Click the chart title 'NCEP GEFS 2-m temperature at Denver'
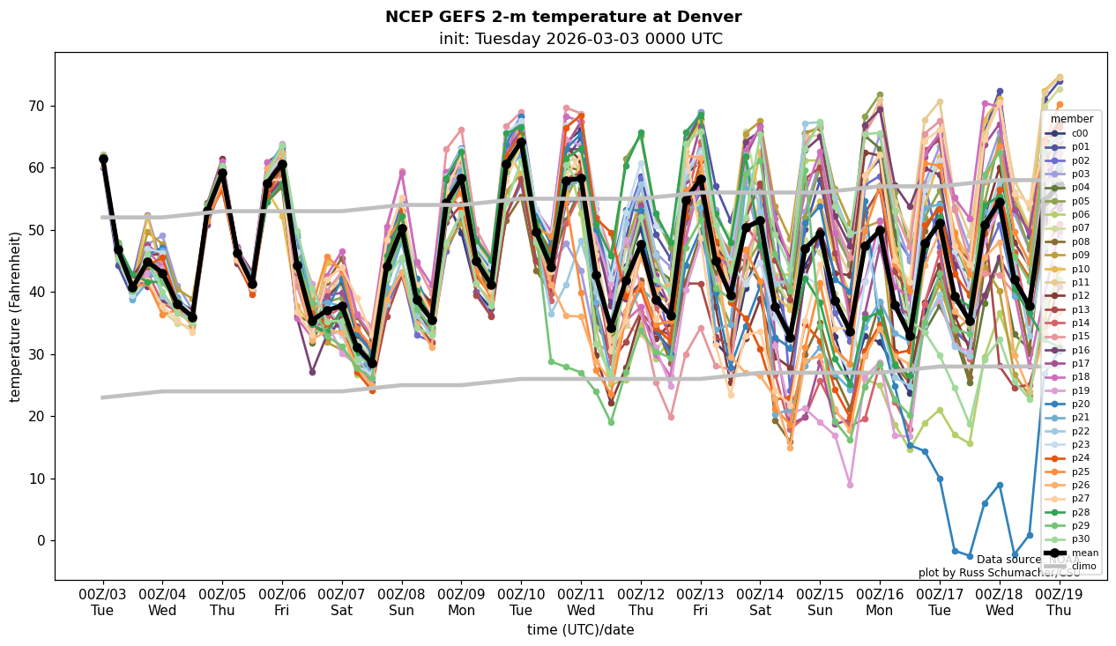(x=563, y=17)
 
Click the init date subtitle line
(x=580, y=39)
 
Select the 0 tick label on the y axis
(x=41, y=540)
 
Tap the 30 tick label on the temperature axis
(x=37, y=354)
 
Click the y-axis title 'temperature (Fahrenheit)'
(x=15, y=316)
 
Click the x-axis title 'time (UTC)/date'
(x=580, y=630)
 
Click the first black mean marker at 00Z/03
(x=103, y=159)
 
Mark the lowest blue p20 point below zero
(x=1015, y=554)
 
